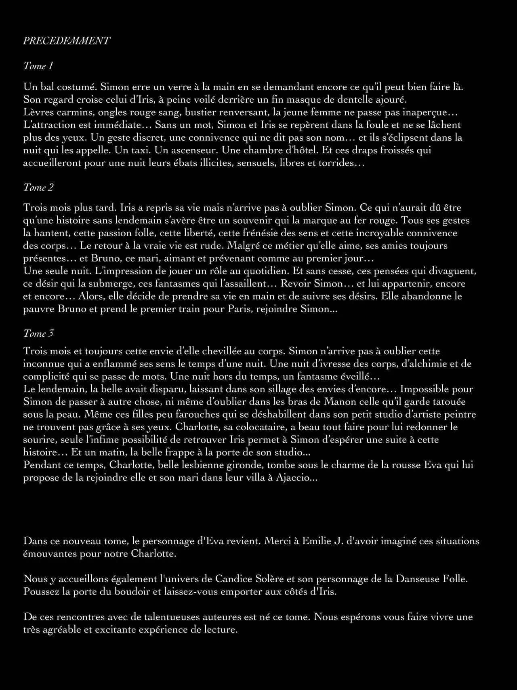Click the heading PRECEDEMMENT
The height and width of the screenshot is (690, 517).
(x=67, y=41)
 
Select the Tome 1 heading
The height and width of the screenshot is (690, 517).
(x=38, y=66)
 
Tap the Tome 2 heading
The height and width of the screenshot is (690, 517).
(x=38, y=188)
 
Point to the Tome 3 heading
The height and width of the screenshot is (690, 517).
(x=38, y=333)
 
